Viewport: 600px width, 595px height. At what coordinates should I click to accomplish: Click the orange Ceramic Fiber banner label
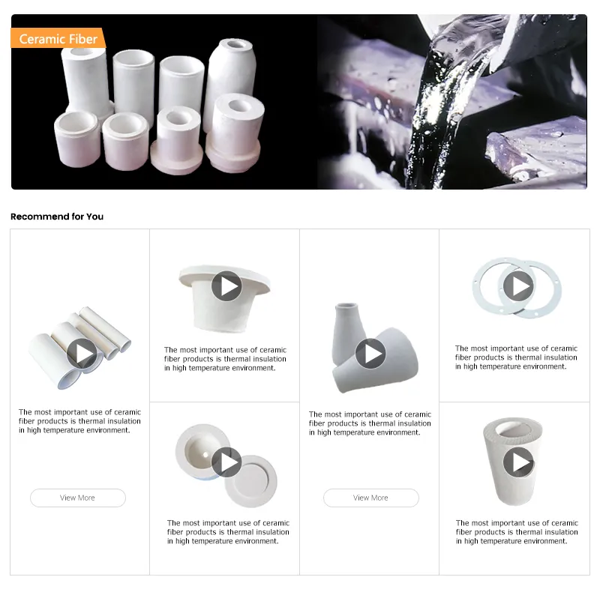[58, 39]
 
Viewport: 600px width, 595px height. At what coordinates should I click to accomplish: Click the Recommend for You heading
[57, 217]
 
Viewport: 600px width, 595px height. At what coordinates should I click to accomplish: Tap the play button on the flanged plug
[226, 286]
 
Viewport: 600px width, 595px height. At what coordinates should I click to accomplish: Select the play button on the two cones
[370, 353]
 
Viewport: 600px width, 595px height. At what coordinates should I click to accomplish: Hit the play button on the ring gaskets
[517, 286]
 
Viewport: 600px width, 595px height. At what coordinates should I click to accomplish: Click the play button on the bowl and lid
[226, 462]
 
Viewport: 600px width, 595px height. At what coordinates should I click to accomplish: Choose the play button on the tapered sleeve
[517, 462]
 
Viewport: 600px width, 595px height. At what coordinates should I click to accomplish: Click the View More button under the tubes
[77, 498]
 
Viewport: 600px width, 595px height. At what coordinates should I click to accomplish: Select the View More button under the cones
[370, 498]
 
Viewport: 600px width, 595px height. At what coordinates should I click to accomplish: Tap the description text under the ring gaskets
[516, 357]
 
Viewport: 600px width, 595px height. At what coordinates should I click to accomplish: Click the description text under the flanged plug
[225, 359]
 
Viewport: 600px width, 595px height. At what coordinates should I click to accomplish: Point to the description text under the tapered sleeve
[517, 532]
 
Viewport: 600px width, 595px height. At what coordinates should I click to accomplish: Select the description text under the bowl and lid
[228, 532]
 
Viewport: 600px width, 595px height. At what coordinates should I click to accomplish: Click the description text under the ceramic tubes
[79, 421]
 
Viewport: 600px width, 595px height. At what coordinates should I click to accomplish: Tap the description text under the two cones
[370, 423]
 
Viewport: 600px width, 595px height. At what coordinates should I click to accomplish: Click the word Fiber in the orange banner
[82, 39]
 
